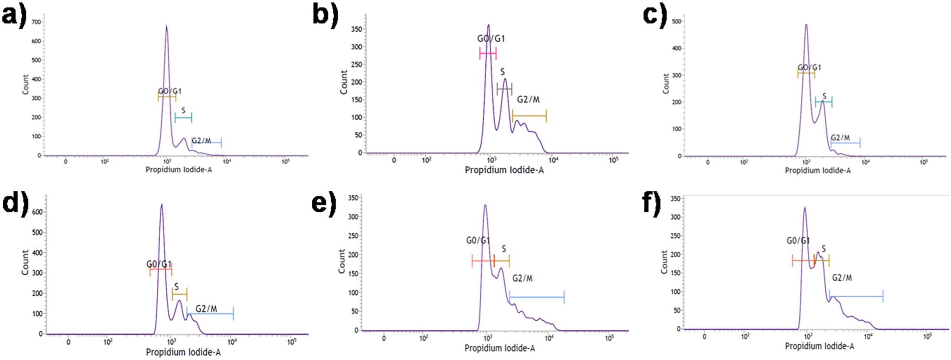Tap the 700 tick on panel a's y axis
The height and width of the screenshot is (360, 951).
[36, 22]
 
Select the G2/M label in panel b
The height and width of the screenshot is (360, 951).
[528, 99]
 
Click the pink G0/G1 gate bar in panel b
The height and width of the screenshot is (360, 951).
[488, 54]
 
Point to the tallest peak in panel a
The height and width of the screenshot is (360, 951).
[166, 27]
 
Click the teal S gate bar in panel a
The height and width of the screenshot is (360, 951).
[183, 117]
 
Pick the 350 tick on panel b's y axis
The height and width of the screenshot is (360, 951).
[356, 29]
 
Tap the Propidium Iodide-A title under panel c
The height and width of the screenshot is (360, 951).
[817, 171]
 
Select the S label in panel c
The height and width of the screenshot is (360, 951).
[824, 96]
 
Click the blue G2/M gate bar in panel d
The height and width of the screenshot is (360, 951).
[210, 314]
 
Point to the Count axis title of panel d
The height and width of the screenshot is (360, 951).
[25, 262]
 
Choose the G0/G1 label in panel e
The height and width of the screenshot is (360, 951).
[478, 241]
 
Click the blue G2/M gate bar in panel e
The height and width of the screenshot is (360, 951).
[536, 297]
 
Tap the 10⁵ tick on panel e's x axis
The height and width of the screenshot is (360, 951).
[609, 338]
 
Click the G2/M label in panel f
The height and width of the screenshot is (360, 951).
[842, 278]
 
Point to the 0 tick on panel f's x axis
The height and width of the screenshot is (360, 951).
[704, 336]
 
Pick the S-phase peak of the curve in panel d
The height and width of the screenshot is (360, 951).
[179, 301]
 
